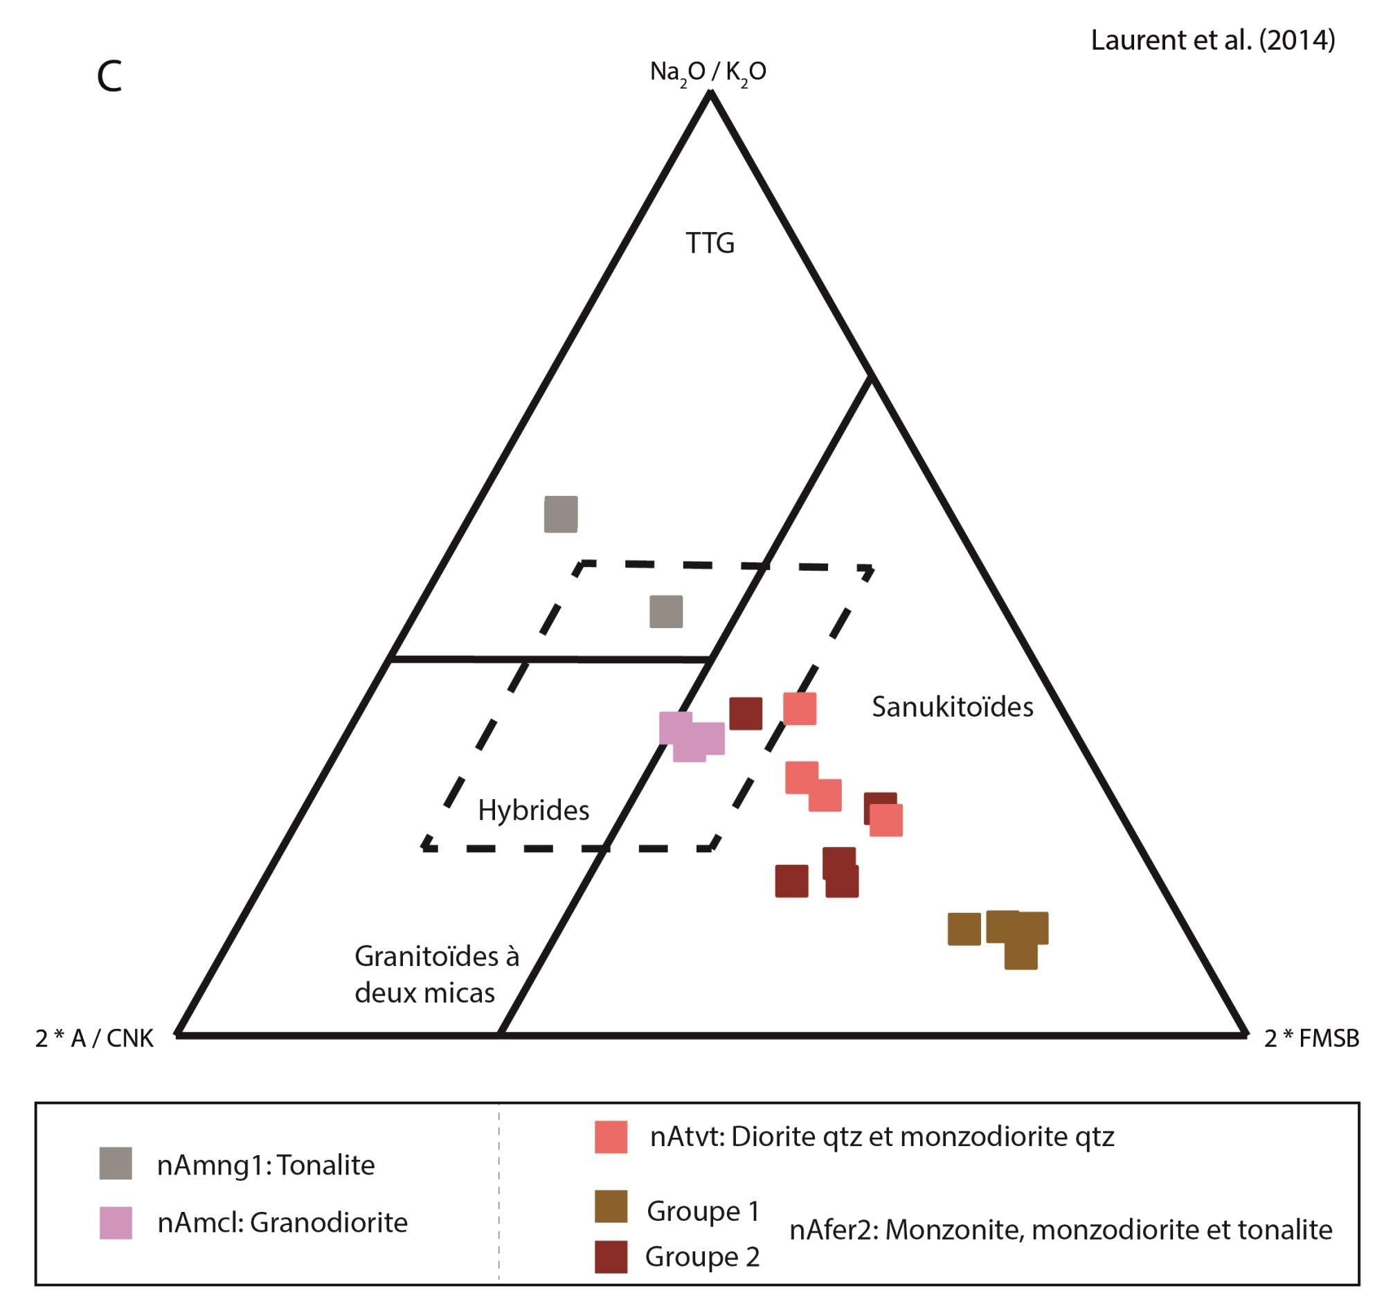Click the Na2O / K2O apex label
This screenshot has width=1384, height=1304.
[x=708, y=72]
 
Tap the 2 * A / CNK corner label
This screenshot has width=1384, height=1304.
[x=94, y=1038]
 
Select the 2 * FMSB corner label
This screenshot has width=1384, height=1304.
[x=1311, y=1038]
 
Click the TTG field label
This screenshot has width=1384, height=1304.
[x=710, y=244]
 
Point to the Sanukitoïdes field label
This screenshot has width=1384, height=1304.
[x=952, y=707]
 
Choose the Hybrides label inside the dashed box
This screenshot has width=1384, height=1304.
[x=533, y=810]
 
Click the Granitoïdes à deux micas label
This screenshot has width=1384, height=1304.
[x=436, y=974]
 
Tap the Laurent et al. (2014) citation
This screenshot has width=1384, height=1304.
[x=1212, y=40]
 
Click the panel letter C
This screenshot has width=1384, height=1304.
[x=109, y=77]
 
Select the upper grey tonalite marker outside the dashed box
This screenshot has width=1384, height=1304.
[x=560, y=514]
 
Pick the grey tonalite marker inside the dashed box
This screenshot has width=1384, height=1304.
[x=665, y=611]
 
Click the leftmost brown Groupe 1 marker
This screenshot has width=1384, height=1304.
[x=964, y=929]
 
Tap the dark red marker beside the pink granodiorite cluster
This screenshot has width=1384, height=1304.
[x=745, y=713]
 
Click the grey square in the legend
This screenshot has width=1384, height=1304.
[x=116, y=1163]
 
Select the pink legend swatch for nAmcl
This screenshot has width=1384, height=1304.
[x=116, y=1223]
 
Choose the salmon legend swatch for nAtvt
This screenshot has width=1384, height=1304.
[x=611, y=1137]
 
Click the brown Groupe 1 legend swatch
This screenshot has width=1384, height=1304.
[x=611, y=1206]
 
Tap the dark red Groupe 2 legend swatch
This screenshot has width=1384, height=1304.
[x=611, y=1257]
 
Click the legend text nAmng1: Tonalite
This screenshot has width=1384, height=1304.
[x=265, y=1165]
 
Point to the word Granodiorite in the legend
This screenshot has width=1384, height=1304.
[x=329, y=1223]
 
